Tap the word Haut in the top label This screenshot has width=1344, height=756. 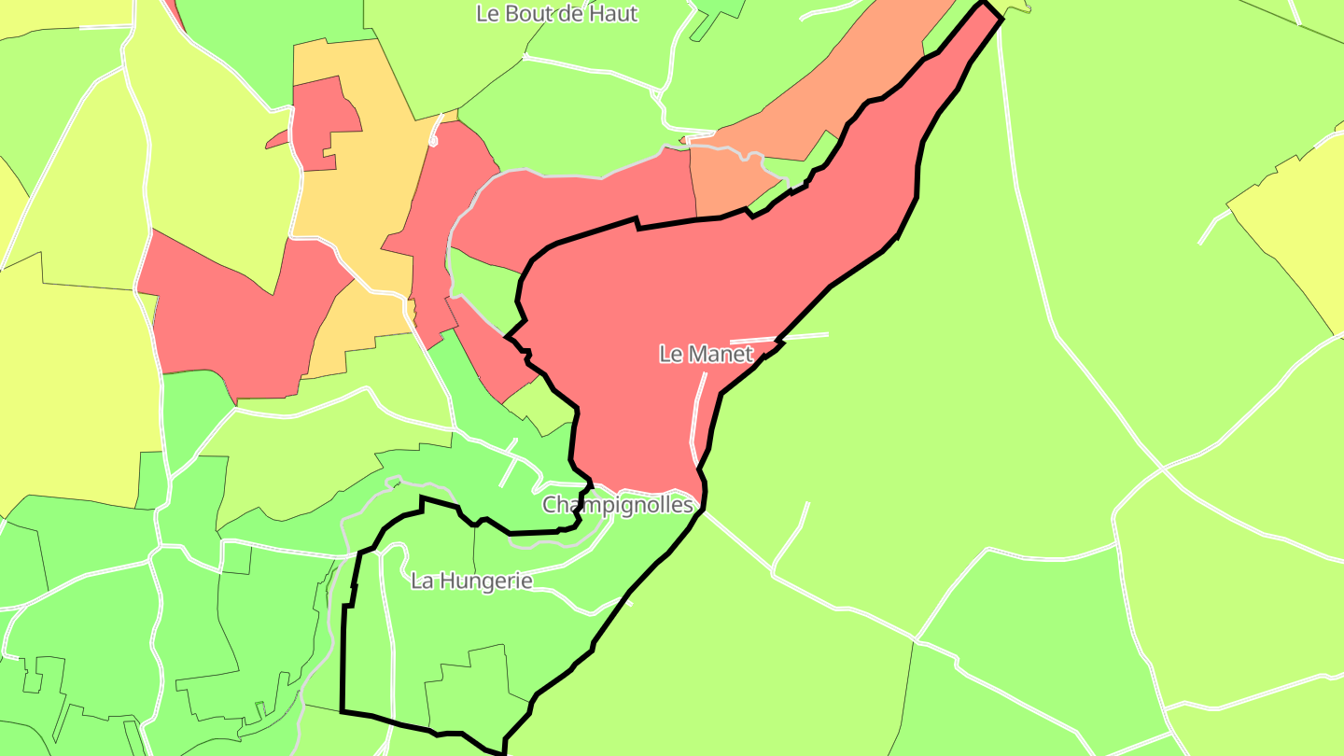(611, 14)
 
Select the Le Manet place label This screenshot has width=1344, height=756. (706, 355)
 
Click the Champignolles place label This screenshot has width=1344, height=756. (618, 505)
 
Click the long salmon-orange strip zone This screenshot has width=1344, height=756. (821, 103)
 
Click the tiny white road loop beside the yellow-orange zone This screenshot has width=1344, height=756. (434, 141)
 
